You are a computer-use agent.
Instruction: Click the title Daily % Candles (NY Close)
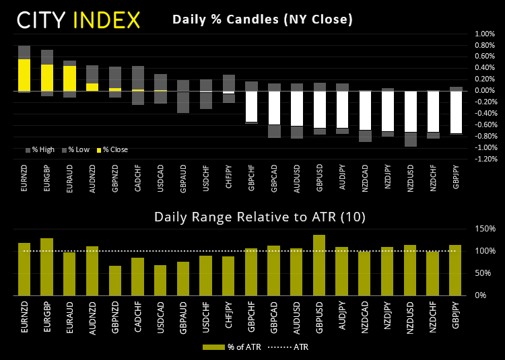[263, 20]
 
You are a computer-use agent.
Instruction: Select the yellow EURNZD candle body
[24, 75]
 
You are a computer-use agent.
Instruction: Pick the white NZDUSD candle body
[411, 111]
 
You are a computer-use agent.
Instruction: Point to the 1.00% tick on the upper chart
[484, 34]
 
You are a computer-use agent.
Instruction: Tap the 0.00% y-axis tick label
[484, 91]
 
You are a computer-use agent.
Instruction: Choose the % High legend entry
[43, 149]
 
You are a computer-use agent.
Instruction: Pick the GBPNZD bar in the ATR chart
[115, 281]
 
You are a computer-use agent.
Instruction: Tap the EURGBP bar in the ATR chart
[47, 266]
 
